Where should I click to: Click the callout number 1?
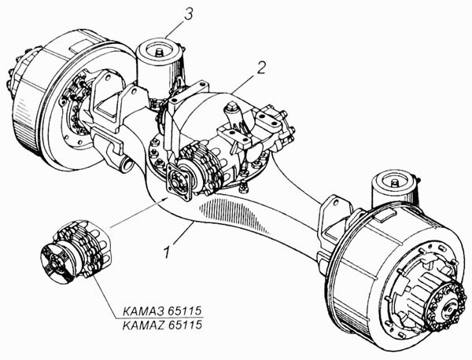168,252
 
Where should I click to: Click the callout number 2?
260,68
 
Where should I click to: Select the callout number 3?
188,14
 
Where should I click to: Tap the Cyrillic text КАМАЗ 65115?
162,311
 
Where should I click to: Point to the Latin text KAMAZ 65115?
162,325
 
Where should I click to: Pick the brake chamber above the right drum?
394,190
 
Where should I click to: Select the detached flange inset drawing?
77,252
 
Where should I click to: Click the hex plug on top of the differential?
233,106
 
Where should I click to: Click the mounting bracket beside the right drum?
335,217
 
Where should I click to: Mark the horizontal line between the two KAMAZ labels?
163,318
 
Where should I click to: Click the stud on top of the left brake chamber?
158,53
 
